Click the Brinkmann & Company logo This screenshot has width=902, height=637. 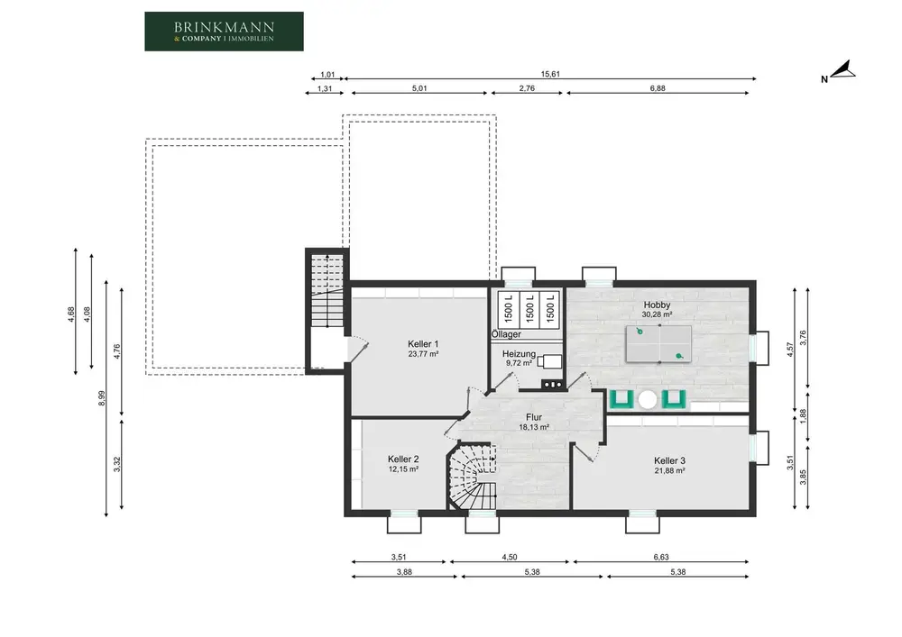224,32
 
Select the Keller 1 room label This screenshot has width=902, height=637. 423,344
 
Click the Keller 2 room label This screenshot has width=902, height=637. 402,459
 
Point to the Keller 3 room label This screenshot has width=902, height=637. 669,460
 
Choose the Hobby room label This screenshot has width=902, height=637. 657,305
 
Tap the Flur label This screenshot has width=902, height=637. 534,417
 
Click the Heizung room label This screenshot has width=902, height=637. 519,354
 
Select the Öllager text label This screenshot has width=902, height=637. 506,334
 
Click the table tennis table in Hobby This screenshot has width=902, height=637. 658,344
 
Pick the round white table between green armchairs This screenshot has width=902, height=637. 648,400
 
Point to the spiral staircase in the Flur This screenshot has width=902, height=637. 473,476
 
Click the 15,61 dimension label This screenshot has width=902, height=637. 550,74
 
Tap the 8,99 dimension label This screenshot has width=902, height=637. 102,398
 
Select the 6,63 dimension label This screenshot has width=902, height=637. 661,557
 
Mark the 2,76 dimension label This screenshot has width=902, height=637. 527,88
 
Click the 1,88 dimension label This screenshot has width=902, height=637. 804,416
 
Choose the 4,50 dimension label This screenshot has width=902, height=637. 509,557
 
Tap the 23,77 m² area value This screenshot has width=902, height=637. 423,354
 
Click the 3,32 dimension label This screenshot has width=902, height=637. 116,464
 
